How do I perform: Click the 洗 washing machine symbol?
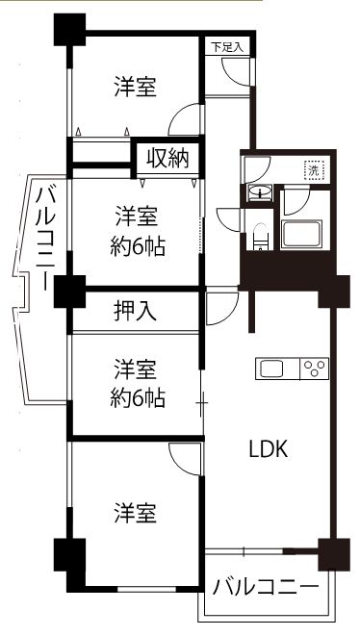(x=314, y=170)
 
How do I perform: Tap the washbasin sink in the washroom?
(x=260, y=193)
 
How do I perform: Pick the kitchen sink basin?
(x=270, y=368)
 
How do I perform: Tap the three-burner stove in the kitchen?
(x=315, y=368)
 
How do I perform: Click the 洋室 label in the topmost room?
(x=135, y=87)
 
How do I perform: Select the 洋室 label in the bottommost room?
(x=135, y=512)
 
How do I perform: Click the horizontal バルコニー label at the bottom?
(x=265, y=585)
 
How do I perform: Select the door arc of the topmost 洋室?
(x=183, y=120)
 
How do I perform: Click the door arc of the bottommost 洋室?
(x=182, y=456)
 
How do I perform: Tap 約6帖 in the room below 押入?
(x=136, y=397)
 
